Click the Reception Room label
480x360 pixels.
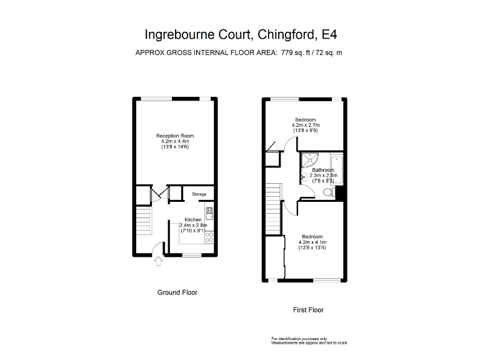point(175,136)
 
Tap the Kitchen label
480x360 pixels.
point(192,220)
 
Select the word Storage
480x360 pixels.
point(199,194)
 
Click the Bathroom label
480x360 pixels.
point(323,170)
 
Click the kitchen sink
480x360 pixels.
point(210,213)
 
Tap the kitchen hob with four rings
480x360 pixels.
point(209,236)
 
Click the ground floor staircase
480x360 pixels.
point(144,222)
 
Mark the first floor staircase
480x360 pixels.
point(272,202)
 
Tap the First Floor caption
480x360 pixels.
point(308,309)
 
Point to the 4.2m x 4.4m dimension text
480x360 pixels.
point(175,141)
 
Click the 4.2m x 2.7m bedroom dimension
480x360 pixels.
point(306,125)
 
